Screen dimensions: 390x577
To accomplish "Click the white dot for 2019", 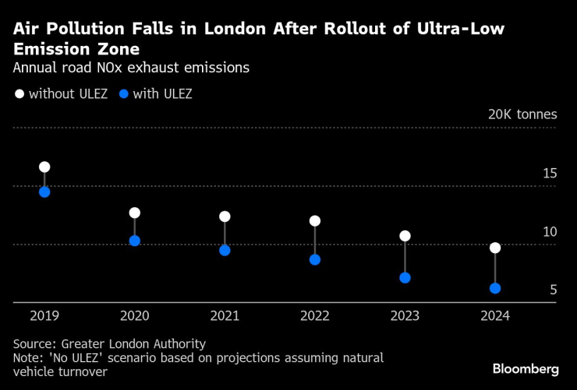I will [44, 167].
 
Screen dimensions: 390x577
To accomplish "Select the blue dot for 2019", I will [44, 192].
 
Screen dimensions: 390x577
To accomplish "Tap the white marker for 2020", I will [134, 213].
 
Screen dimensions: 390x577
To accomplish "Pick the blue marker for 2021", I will [225, 251].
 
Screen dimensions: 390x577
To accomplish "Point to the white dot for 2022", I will [315, 221].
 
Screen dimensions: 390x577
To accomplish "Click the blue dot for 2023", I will [405, 278].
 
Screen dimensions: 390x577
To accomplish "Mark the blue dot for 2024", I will [495, 289].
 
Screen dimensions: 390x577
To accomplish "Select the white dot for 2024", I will [495, 248].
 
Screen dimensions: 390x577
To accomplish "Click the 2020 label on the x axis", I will [134, 316].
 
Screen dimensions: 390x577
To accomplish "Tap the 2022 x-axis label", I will [315, 316].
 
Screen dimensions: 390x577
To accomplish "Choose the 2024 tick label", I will [495, 316].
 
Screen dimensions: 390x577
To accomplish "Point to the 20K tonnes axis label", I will [522, 114].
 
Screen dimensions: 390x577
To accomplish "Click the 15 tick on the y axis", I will [550, 174].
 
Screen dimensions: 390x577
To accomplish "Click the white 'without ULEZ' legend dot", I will [19, 94].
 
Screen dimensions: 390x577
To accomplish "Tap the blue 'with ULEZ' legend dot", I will [123, 94].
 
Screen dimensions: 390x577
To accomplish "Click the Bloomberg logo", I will [526, 368].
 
